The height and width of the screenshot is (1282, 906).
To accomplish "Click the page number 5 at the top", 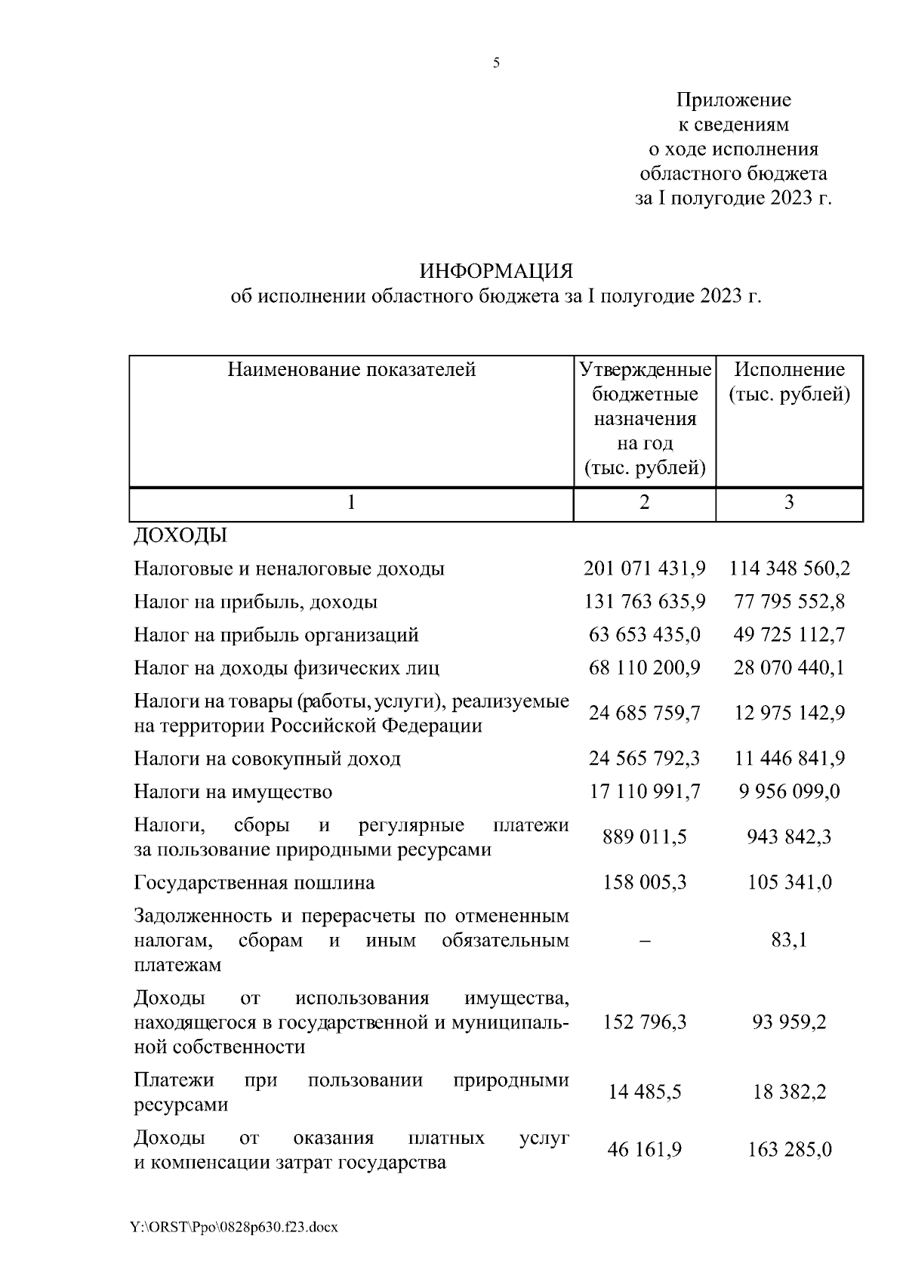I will click(496, 63).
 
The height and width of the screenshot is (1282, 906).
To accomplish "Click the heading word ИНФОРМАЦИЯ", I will click(496, 271).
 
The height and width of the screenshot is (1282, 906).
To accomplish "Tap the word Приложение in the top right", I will click(733, 100).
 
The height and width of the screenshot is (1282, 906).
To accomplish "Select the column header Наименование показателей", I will click(352, 370).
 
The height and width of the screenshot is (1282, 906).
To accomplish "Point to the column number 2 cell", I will click(644, 503).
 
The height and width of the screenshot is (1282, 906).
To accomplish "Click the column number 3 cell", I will click(789, 503).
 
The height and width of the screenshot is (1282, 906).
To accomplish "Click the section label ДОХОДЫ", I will click(180, 536).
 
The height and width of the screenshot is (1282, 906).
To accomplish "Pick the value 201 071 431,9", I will click(645, 569).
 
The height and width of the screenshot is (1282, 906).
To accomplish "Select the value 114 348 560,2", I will click(789, 569).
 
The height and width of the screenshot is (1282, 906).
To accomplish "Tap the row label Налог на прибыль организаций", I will click(276, 634).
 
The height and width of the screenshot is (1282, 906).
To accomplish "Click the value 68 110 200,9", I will click(645, 667).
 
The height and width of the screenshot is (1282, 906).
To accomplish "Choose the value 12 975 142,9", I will click(789, 713).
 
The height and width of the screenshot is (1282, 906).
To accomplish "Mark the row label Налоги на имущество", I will click(233, 791).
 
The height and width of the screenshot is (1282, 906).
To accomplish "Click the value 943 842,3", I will click(789, 837).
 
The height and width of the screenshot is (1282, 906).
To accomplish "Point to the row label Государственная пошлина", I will click(254, 882).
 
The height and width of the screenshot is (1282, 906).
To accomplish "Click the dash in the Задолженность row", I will click(645, 941).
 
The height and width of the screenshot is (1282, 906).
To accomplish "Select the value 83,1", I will click(789, 941).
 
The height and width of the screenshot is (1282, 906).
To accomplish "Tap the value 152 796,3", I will click(645, 1022).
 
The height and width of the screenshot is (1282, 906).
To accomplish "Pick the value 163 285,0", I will click(789, 1149).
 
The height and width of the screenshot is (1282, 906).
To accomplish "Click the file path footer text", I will click(234, 1227).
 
